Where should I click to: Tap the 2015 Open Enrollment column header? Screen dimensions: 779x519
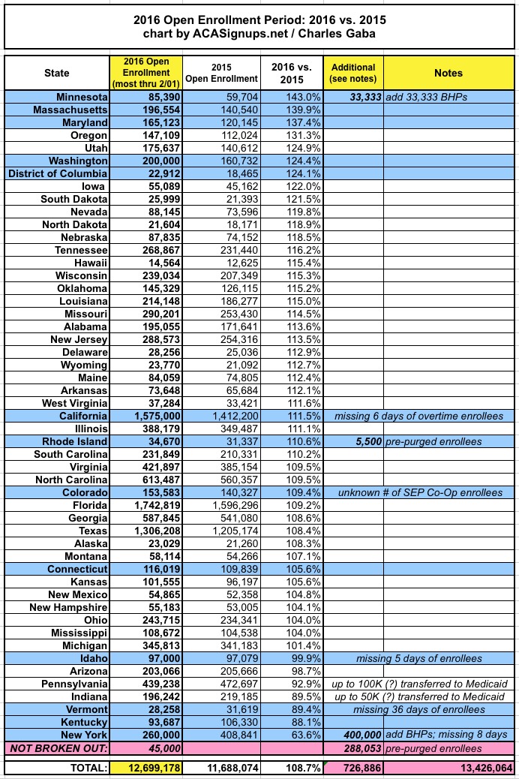coord(222,73)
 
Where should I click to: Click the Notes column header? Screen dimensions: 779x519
coord(448,73)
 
